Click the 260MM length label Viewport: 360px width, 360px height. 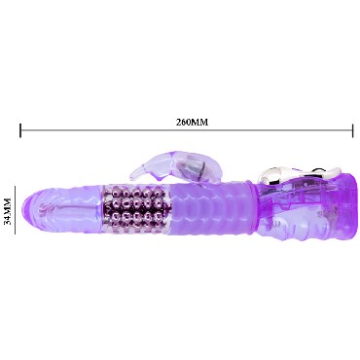[x=192, y=122]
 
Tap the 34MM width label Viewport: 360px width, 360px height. [x=7, y=211]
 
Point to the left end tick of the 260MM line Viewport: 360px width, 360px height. [x=20, y=130]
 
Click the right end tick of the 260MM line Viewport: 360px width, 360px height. [x=352, y=130]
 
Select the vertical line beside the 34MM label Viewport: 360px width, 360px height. [x=15, y=210]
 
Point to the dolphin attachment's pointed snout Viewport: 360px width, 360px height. [x=132, y=177]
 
